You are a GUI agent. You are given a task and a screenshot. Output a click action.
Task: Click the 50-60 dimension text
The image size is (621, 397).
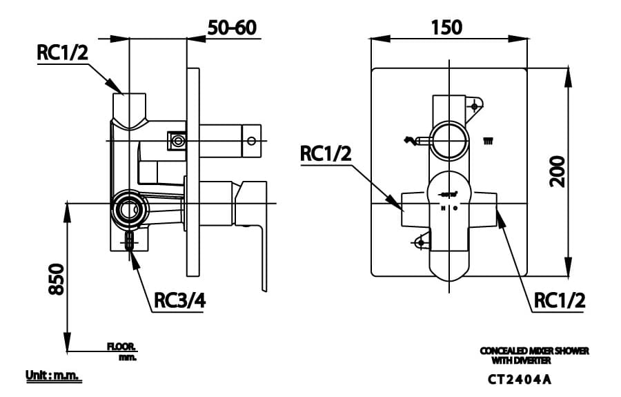pyautogui.click(x=232, y=28)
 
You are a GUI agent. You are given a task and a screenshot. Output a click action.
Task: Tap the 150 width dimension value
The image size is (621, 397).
pyautogui.click(x=446, y=27)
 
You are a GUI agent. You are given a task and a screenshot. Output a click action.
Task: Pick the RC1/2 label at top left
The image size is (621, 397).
pyautogui.click(x=63, y=53)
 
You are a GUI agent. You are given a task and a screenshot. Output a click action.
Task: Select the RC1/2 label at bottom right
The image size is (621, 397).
pyautogui.click(x=559, y=300)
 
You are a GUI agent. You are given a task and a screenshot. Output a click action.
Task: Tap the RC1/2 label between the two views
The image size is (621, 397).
pyautogui.click(x=326, y=153)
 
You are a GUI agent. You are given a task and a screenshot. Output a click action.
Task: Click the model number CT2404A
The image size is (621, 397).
pyautogui.click(x=519, y=379)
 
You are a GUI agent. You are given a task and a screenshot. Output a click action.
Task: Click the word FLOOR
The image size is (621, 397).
pyautogui.click(x=121, y=347)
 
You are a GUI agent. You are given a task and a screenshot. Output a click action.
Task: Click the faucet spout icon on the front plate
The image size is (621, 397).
pyautogui.click(x=412, y=142)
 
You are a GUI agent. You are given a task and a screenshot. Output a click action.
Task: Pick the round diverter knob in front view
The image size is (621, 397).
pyautogui.click(x=449, y=141)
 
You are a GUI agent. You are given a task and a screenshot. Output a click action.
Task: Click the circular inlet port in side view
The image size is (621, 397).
pyautogui.click(x=129, y=208)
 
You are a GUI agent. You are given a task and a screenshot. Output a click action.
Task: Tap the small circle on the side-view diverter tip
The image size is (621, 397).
pyautogui.click(x=251, y=141)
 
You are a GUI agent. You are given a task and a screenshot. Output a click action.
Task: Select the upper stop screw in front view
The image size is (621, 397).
pyautogui.click(x=475, y=106)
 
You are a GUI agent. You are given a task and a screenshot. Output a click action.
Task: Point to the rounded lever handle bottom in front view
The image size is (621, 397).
pyautogui.click(x=449, y=266)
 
